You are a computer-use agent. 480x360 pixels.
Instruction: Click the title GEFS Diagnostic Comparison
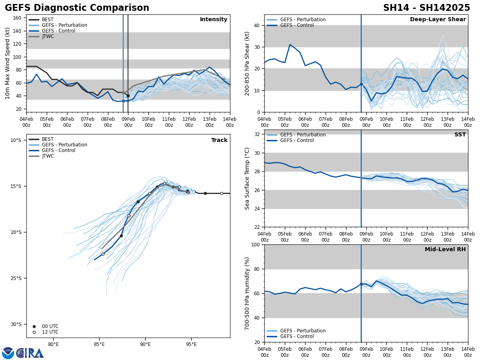pos(77,8)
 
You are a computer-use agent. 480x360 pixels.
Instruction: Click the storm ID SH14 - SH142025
pos(426,8)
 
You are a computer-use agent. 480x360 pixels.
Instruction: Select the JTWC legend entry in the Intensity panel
pos(48,36)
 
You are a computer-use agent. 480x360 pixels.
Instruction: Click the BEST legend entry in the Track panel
pos(48,139)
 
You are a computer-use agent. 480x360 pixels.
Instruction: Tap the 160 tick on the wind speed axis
pos(18,18)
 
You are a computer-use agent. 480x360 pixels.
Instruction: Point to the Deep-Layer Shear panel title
pos(438,20)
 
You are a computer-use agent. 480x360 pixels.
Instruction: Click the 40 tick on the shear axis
pos(256,25)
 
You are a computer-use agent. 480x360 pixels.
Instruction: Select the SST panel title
pos(460,135)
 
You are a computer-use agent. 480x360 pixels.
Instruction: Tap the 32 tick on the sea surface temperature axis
pos(256,134)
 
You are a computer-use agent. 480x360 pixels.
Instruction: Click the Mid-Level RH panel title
pos(445,250)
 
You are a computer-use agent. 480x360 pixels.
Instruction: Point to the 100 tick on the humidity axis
pos(254,244)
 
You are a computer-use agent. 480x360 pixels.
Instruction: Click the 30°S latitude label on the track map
pos(16,324)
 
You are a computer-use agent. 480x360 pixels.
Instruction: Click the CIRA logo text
pos(30,353)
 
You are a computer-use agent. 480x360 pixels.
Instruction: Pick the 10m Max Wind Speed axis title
pos(8,63)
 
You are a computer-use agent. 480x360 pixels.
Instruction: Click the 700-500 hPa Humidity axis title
pos(248,293)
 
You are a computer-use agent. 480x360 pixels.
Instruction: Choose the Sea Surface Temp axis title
pos(248,178)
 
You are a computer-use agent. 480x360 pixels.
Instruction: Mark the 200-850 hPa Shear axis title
pos(248,63)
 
